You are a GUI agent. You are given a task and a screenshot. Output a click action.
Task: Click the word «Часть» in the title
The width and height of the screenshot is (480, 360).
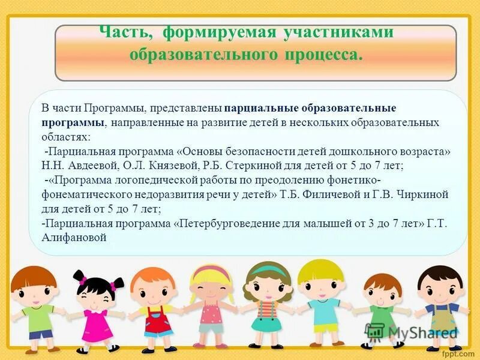click(121, 32)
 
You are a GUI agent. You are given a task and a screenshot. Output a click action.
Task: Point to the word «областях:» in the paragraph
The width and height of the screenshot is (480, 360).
click(65, 137)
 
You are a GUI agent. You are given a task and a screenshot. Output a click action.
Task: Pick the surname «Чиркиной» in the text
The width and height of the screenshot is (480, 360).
click(420, 194)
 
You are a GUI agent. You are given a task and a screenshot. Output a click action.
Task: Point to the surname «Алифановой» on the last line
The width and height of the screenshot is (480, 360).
click(74, 238)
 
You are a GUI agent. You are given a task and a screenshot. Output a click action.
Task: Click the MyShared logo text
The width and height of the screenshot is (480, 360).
click(420, 332)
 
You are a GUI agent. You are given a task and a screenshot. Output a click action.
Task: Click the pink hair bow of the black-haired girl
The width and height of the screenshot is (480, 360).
click(82, 280)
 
